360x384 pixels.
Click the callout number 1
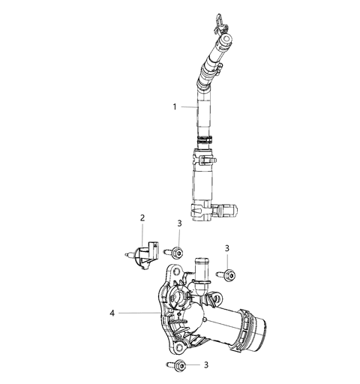tap(174, 106)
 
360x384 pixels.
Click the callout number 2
tap(142, 218)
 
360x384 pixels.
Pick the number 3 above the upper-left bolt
tap(178, 223)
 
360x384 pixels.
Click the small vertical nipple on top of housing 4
tap(200, 266)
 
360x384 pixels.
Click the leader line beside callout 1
tap(189, 106)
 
